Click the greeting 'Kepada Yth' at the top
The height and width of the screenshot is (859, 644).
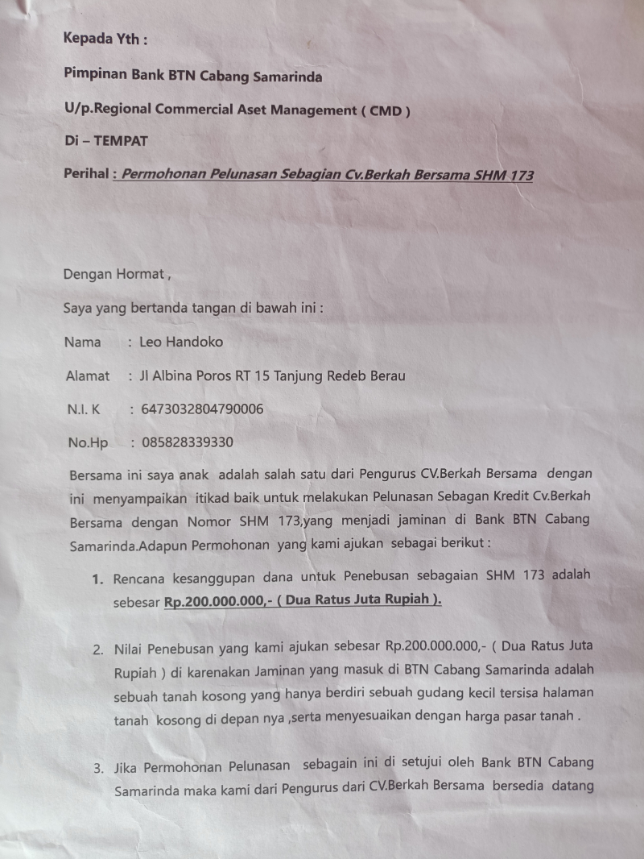(105, 38)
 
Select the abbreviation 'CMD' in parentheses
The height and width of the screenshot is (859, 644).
(390, 111)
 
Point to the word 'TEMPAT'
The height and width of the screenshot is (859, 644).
(121, 140)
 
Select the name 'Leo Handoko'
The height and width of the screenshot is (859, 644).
(181, 342)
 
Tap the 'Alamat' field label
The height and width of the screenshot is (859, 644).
(88, 376)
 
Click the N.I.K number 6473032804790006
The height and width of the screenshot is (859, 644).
(202, 409)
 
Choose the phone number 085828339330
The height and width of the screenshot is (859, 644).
(188, 442)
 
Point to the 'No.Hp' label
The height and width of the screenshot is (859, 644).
(89, 442)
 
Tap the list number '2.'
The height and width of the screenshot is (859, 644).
(97, 648)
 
